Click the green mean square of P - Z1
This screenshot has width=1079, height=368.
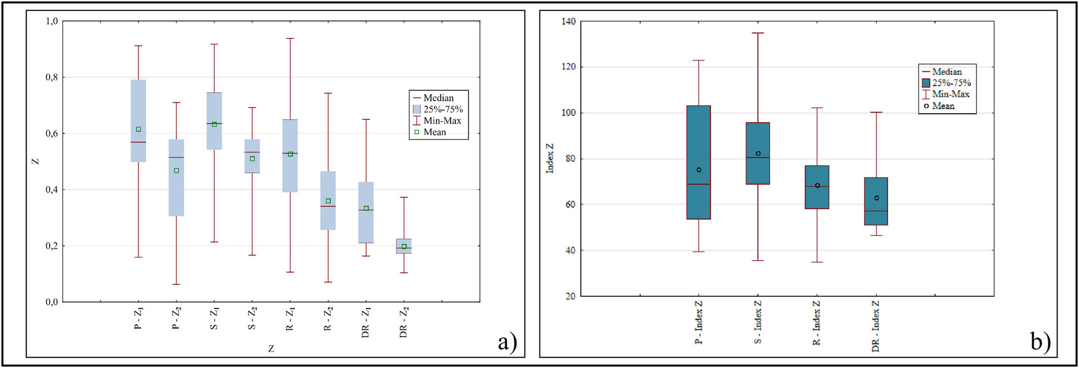[x=139, y=130]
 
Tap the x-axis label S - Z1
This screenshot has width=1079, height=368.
[x=214, y=319]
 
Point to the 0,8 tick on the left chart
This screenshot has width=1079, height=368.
[x=52, y=77]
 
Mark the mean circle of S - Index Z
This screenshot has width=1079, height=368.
[x=758, y=154]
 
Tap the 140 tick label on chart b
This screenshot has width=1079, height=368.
[x=569, y=22]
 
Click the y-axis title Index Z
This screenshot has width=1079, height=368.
[x=550, y=158]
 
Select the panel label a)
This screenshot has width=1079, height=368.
[x=507, y=342]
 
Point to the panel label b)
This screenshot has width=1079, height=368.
[x=1040, y=341]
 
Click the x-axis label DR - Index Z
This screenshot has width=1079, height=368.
[x=876, y=326]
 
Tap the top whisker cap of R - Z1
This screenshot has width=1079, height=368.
[x=290, y=39]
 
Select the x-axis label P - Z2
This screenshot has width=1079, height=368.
[x=176, y=318]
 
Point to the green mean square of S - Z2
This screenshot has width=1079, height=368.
[x=252, y=159]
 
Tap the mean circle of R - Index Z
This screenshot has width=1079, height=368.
[x=817, y=186]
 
